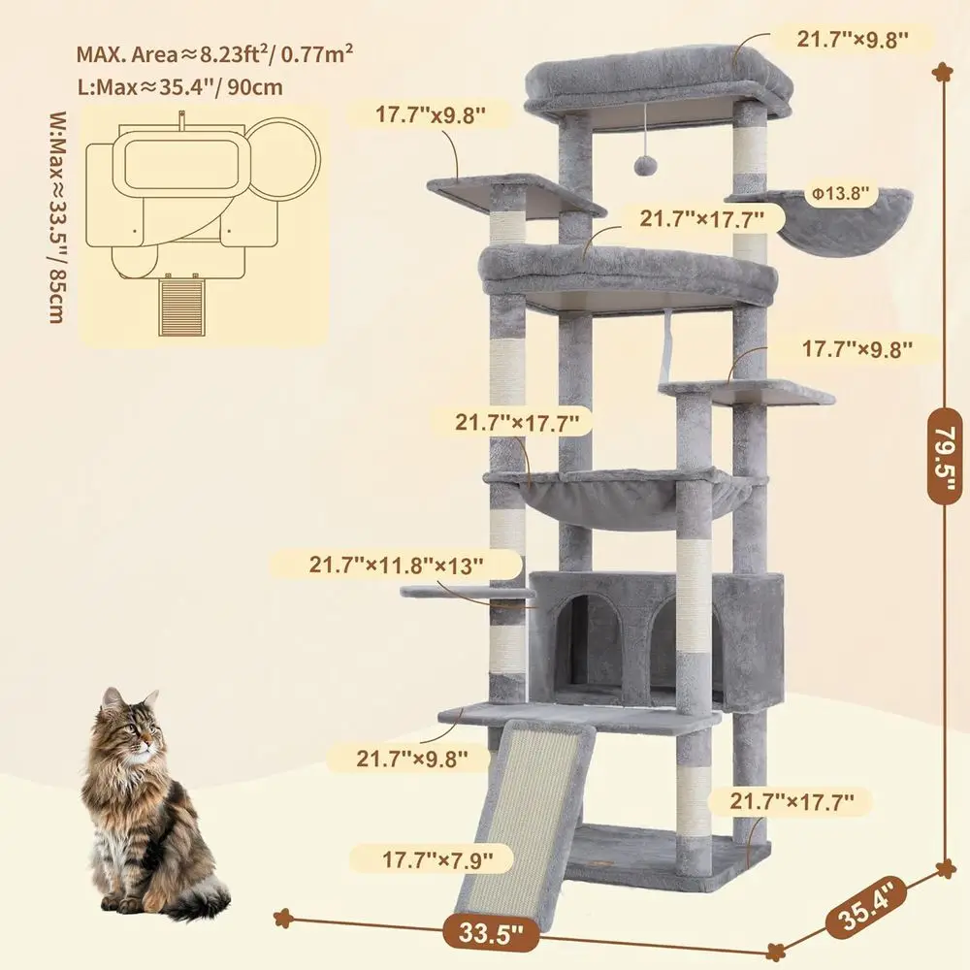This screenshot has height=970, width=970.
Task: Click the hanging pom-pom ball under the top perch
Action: click(643, 167)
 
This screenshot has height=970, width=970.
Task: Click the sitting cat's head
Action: click(129, 723)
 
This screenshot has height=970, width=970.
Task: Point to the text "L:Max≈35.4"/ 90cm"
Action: click(180, 87)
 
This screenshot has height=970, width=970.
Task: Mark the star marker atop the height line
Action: click(941, 71)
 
